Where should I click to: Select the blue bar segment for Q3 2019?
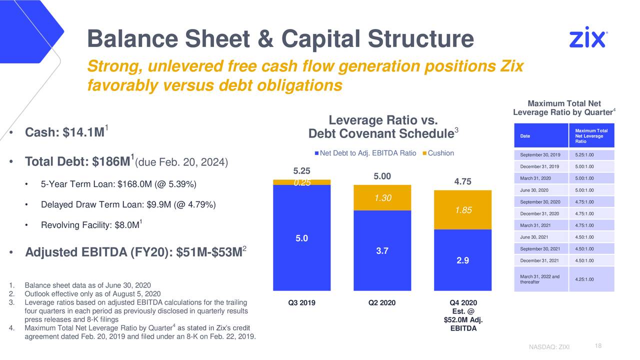pyautogui.click(x=301, y=237)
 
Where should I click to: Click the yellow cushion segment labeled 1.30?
pyautogui.click(x=382, y=198)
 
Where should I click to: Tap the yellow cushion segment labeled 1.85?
pyautogui.click(x=463, y=210)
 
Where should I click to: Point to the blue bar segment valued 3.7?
pyautogui.click(x=382, y=250)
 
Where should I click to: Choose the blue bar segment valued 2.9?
pyautogui.click(x=463, y=260)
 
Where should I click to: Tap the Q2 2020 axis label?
pyautogui.click(x=382, y=302)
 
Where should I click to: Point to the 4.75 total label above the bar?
pyautogui.click(x=463, y=181)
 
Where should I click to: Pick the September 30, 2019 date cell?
pyautogui.click(x=540, y=155)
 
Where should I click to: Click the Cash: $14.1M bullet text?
pyautogui.click(x=64, y=132)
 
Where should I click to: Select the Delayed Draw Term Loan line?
pyautogui.click(x=128, y=205)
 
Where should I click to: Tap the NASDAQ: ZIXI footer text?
pyautogui.click(x=548, y=348)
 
